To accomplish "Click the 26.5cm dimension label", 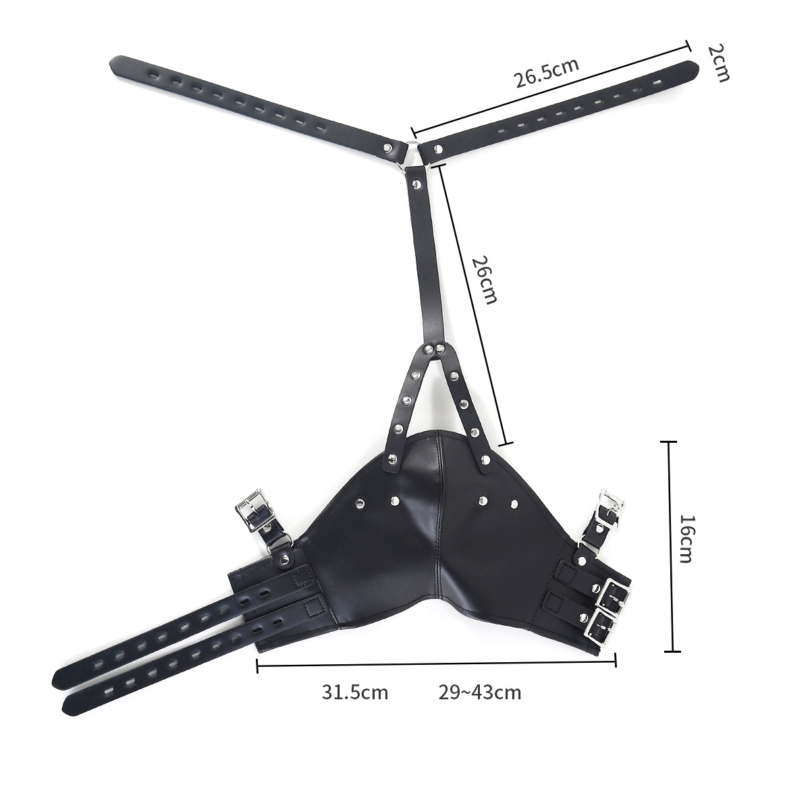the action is [547, 73].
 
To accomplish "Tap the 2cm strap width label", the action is [719, 63].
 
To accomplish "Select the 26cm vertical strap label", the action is [484, 279].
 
